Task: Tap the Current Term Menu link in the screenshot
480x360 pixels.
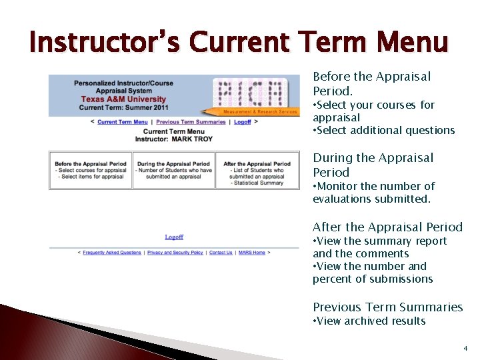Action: tap(123, 122)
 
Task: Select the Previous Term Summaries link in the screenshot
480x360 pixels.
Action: tap(191, 122)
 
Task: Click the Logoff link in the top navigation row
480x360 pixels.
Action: tap(243, 122)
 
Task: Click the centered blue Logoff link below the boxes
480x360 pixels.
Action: tap(174, 237)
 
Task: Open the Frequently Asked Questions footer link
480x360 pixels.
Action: tap(112, 253)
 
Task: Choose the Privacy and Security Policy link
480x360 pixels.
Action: tap(175, 253)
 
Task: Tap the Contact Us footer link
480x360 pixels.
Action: tap(221, 253)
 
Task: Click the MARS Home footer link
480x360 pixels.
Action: tap(252, 253)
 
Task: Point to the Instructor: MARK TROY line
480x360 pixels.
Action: tap(174, 139)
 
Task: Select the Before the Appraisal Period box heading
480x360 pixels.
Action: tap(91, 164)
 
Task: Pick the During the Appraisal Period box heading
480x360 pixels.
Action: tap(173, 164)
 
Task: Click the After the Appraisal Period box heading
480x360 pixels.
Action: tap(257, 164)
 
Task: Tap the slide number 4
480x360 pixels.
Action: tap(465, 348)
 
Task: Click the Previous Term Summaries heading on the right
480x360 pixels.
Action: tap(387, 307)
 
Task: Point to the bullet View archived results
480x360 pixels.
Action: tap(371, 321)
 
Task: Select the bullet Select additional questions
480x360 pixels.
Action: tap(385, 131)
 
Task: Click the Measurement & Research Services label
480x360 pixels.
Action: tap(260, 112)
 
